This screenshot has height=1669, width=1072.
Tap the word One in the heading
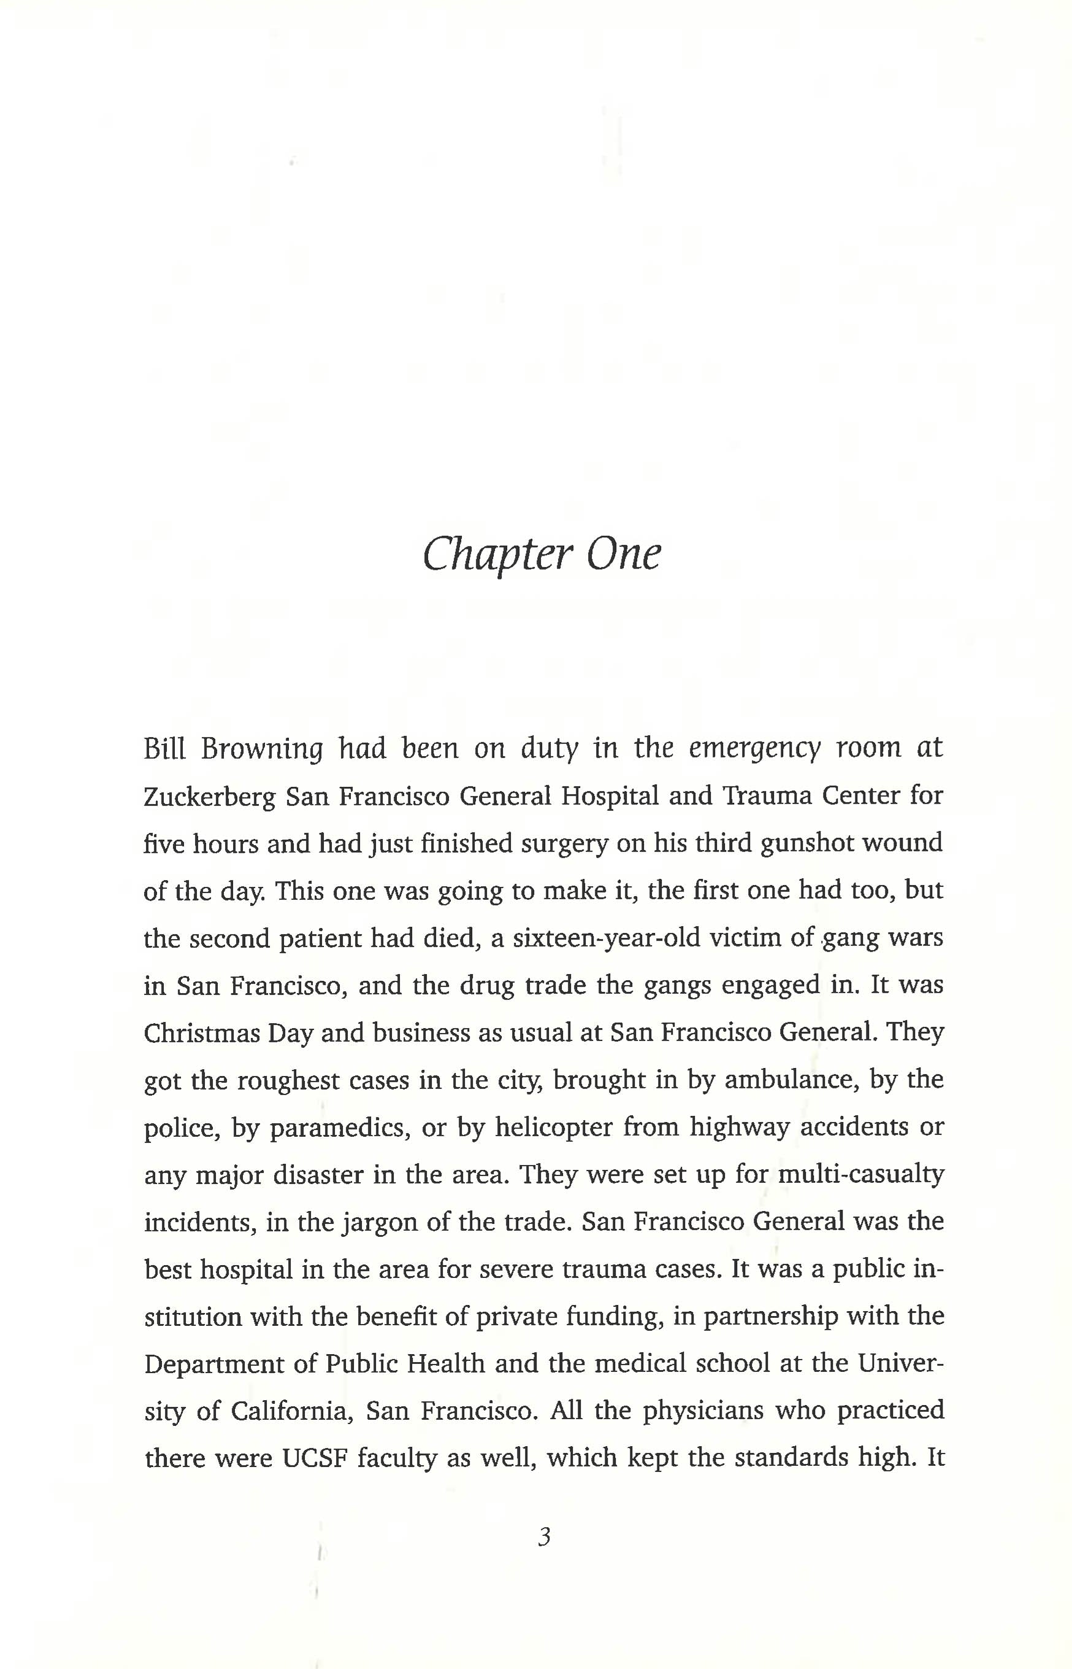coord(622,555)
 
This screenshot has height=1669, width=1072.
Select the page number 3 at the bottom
coord(545,1536)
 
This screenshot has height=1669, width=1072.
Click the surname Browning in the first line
coord(262,749)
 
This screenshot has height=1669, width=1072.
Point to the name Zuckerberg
coord(210,796)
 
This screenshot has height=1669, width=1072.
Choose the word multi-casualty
coord(860,1174)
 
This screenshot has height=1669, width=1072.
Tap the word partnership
coord(771,1317)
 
